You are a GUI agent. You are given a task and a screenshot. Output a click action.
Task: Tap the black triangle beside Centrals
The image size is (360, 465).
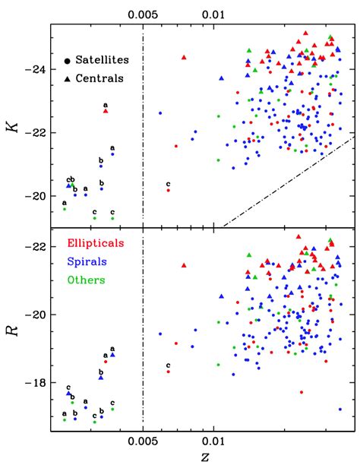[x=68, y=77]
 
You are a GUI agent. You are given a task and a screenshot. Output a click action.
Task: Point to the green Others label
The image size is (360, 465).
[x=86, y=280]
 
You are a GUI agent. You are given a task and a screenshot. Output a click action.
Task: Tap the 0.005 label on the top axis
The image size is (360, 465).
[x=143, y=13]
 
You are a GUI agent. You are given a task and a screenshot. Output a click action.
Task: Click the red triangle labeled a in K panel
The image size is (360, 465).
[x=106, y=112]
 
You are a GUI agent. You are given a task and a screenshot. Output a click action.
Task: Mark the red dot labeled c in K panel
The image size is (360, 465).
[x=168, y=190]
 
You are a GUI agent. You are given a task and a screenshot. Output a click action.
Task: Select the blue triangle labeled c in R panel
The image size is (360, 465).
[x=68, y=394]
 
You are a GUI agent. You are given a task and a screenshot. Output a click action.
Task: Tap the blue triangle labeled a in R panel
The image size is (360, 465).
[x=112, y=354]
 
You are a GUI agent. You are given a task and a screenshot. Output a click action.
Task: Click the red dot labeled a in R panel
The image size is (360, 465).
[x=106, y=362]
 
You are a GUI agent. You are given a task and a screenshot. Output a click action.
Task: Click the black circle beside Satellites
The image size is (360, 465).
[x=68, y=59]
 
